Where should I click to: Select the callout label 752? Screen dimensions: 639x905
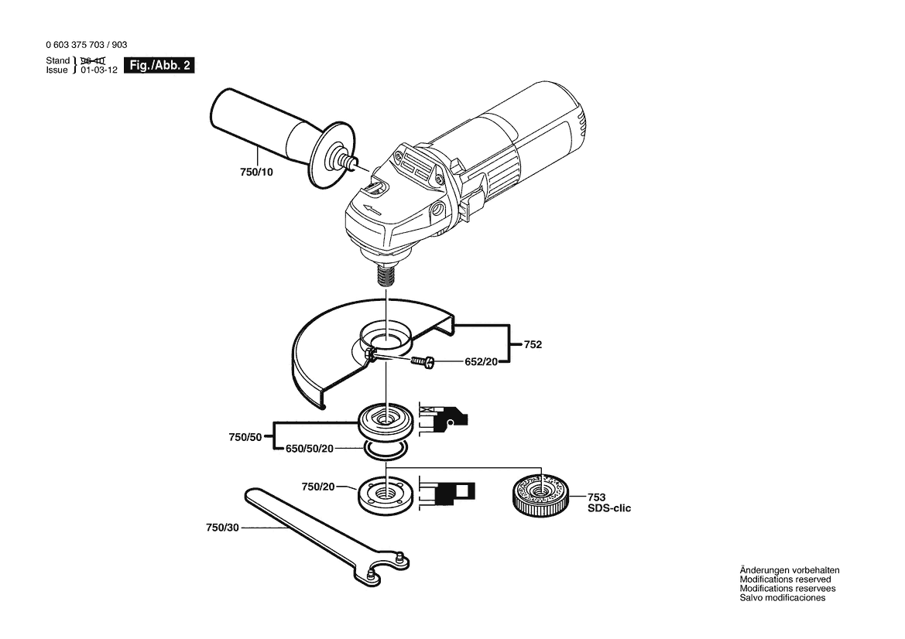click(532, 344)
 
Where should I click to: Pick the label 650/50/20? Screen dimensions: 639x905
click(310, 448)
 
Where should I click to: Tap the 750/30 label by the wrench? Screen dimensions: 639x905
click(222, 528)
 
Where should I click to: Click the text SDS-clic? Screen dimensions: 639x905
click(609, 508)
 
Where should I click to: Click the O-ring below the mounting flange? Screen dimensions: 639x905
click(385, 450)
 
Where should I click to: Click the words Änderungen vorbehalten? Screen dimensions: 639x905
click(789, 570)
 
